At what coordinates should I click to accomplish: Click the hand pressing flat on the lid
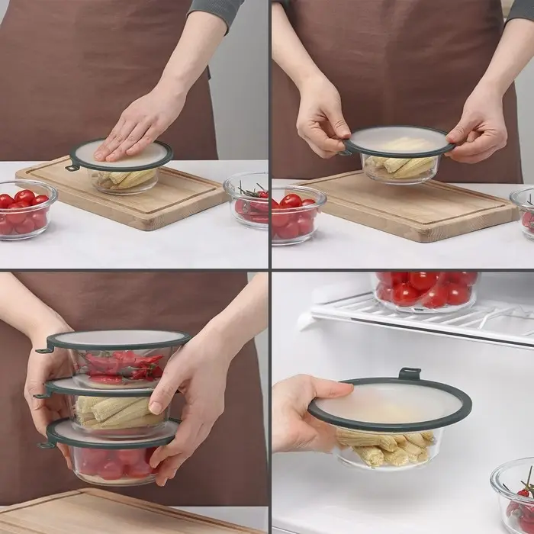point(137,126)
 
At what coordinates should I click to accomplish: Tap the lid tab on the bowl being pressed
point(72,166)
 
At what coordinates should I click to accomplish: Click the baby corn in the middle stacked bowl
point(114,412)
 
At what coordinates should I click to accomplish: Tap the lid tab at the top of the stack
point(45,349)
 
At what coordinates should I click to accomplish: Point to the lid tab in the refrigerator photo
point(409,374)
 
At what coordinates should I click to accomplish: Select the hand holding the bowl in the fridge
point(301,412)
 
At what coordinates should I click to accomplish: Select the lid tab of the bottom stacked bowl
point(45,443)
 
